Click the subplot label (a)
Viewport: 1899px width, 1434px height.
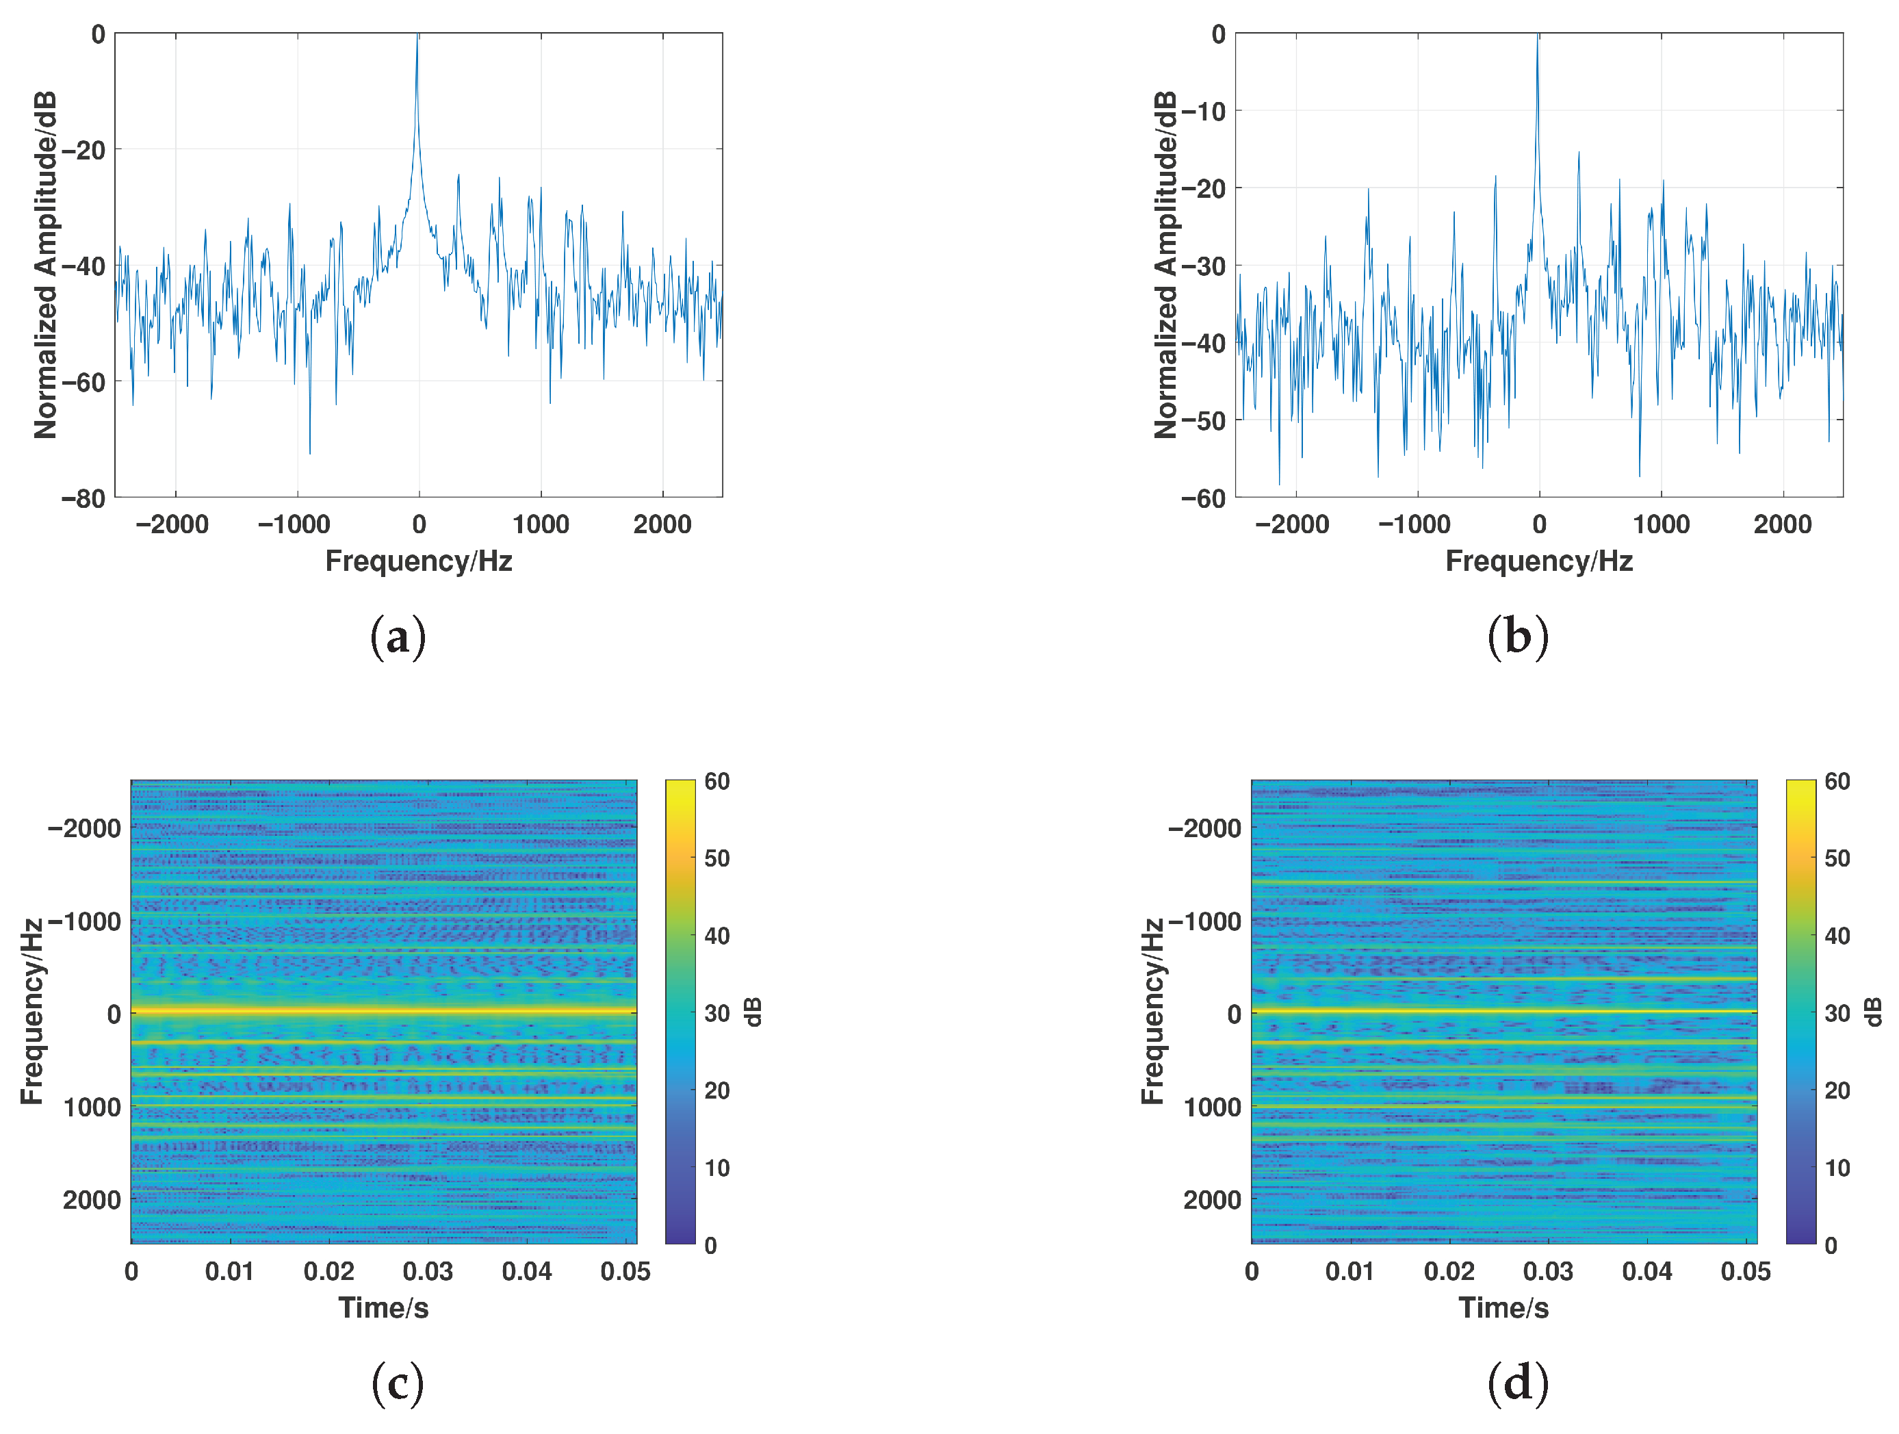pos(398,638)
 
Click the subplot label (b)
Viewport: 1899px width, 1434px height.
pos(1517,638)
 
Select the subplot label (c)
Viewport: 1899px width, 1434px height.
pos(398,1383)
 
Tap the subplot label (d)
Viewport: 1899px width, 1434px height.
pos(1517,1383)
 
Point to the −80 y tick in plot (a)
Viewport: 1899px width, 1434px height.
pos(83,499)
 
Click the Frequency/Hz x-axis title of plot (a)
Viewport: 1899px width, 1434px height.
pos(418,561)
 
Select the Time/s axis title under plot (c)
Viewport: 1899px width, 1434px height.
pos(383,1308)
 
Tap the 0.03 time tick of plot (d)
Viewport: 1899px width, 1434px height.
pos(1548,1272)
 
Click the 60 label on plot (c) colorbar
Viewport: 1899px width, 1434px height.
pos(717,782)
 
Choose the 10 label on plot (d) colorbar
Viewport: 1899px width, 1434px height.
pos(1837,1168)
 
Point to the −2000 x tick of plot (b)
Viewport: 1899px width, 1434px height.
pos(1292,524)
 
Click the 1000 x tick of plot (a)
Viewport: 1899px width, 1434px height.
pos(541,524)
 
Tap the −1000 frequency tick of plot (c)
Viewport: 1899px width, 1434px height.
pos(85,921)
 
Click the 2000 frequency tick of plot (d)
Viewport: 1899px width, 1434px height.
pos(1211,1200)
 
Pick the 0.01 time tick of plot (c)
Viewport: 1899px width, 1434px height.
pos(229,1272)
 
